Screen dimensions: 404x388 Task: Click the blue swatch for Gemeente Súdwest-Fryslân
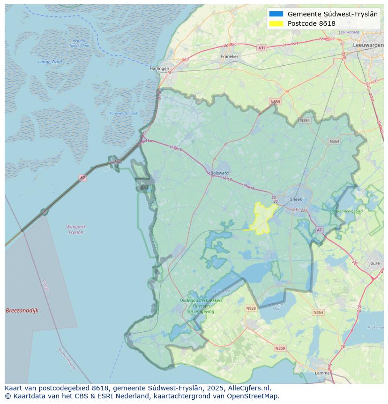(x=276, y=14)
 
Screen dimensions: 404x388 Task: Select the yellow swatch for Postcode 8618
(x=276, y=23)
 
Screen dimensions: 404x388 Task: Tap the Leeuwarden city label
(x=368, y=45)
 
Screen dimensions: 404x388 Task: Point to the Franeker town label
(x=230, y=56)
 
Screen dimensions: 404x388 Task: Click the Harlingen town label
(x=159, y=69)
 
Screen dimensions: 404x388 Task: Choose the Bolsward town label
(x=219, y=173)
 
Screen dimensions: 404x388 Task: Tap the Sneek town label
(x=296, y=199)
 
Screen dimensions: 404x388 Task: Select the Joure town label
(x=374, y=264)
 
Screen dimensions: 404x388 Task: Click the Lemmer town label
(x=323, y=373)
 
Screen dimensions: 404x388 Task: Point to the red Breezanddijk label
(x=22, y=311)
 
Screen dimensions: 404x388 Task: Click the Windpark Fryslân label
(x=76, y=229)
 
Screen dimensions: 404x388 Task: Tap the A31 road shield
(x=261, y=48)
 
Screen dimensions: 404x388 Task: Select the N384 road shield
(x=305, y=121)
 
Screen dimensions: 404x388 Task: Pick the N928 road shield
(x=251, y=308)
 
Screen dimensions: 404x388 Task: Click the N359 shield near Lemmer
(x=280, y=348)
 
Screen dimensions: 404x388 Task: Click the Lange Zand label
(x=50, y=62)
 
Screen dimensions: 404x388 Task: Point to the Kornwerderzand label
(x=123, y=114)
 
